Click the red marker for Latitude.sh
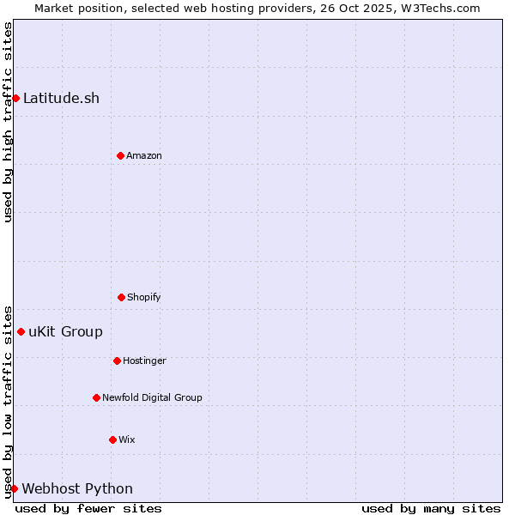coord(15,98)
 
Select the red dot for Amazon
coord(120,155)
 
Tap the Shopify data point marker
coord(121,297)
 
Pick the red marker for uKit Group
coord(21,331)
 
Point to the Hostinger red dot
coord(117,360)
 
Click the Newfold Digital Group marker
coord(96,397)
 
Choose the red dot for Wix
coord(112,439)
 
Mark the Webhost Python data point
coord(14,488)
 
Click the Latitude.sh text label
coord(61,98)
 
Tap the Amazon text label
coord(144,155)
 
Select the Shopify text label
coord(144,297)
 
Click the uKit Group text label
coord(65,331)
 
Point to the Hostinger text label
coord(144,360)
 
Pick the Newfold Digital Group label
coord(152,397)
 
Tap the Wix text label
coord(127,439)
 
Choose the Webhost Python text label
coord(77,488)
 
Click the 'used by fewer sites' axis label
coord(88,508)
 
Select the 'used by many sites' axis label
coord(431,508)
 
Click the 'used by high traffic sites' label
coord(8,122)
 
